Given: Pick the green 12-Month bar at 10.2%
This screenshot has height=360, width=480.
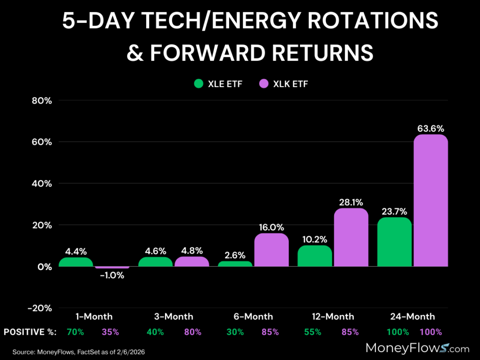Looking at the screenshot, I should click(x=315, y=256).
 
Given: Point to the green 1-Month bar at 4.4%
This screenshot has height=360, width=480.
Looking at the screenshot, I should click(x=76, y=262).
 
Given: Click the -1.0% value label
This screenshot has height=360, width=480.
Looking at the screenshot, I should click(x=112, y=276).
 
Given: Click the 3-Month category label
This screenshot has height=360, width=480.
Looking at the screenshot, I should click(x=174, y=316).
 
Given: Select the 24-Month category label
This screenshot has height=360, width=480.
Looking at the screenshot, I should click(x=412, y=316).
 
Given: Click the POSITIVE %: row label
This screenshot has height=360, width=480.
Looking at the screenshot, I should click(x=30, y=332).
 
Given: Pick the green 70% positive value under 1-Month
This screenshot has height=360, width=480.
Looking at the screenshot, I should click(x=75, y=332).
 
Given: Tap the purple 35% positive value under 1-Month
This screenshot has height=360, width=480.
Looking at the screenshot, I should click(x=111, y=332).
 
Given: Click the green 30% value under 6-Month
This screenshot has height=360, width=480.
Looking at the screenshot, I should click(x=235, y=332).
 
